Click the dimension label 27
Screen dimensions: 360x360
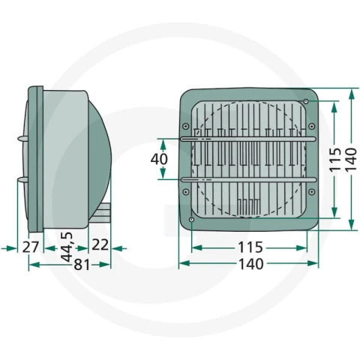(x=31, y=247)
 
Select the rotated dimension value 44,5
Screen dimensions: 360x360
(x=67, y=247)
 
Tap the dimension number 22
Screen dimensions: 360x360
(x=100, y=244)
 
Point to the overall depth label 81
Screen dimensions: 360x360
(x=82, y=265)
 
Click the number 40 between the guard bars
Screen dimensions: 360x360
(x=159, y=159)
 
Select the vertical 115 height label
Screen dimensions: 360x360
(x=335, y=159)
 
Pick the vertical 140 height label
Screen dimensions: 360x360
(x=351, y=160)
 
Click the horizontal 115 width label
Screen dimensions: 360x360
(x=250, y=247)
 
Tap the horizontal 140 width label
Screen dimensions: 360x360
(x=251, y=264)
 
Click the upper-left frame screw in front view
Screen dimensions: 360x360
(x=185, y=126)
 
